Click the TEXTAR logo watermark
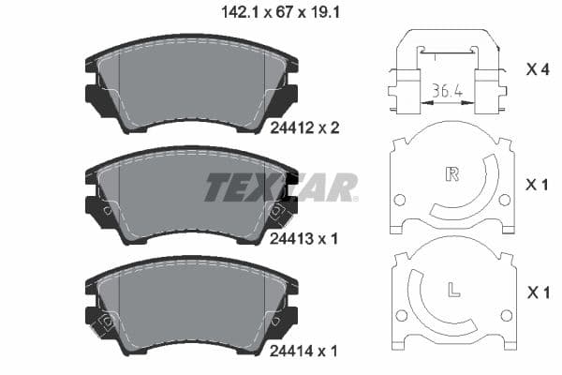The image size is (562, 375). (x=281, y=187)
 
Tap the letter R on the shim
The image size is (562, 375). (x=452, y=173)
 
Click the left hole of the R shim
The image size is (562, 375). (x=400, y=200)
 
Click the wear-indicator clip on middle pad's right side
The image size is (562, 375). (x=277, y=213)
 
